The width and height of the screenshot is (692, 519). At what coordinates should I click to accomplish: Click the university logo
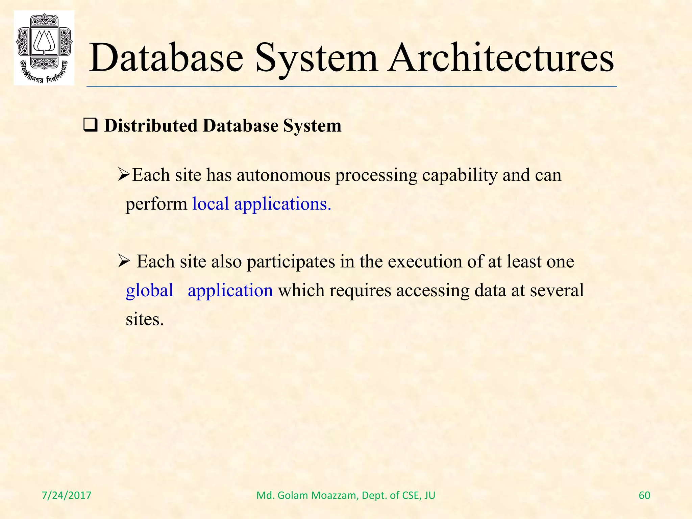(44, 48)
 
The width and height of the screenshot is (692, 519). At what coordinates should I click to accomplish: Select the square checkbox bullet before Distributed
(90, 126)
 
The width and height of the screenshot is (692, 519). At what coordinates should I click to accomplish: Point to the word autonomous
(283, 175)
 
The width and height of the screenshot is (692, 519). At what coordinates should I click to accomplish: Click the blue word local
(211, 204)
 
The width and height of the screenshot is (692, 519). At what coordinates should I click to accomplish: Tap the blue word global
(149, 291)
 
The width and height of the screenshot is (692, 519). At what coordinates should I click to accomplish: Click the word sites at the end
(144, 319)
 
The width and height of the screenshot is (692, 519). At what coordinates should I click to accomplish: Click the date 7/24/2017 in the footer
(67, 495)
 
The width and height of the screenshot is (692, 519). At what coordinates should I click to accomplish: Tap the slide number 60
(644, 495)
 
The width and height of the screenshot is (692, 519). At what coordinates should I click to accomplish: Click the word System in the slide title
(316, 58)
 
